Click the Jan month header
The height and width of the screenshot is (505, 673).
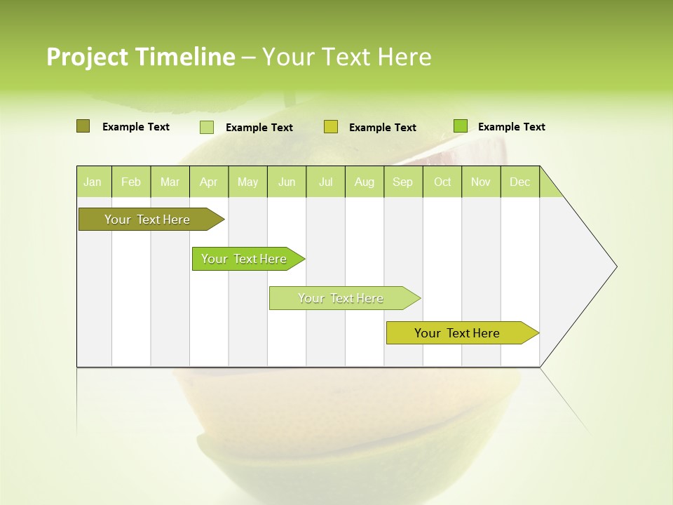93,182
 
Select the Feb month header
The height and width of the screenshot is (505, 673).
131,182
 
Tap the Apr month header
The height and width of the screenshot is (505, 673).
208,182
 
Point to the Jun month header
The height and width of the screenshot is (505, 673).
287,182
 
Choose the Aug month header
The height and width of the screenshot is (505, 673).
364,182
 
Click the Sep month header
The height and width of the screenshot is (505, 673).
402,182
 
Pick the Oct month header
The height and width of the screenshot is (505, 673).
442,182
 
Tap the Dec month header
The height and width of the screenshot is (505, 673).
519,182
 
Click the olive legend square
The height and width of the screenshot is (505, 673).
83,126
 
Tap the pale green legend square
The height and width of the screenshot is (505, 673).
206,127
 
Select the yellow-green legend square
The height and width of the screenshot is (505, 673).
331,127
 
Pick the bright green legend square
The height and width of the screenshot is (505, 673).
460,126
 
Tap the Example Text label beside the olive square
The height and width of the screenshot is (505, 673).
136,127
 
